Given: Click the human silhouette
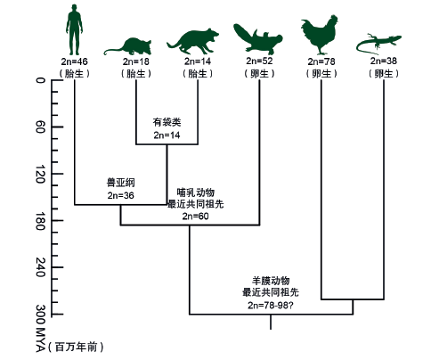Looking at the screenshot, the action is pyautogui.click(x=74, y=29).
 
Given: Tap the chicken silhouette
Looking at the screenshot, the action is pyautogui.click(x=320, y=35).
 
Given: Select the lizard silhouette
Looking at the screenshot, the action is pyautogui.click(x=378, y=44).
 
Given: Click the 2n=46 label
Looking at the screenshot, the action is pyautogui.click(x=74, y=61).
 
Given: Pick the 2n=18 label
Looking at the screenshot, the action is pyautogui.click(x=136, y=61).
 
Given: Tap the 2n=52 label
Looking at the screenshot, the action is pyautogui.click(x=259, y=61).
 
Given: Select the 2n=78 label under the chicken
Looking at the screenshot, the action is pyautogui.click(x=321, y=61).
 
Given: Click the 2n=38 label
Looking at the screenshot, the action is pyautogui.click(x=384, y=61).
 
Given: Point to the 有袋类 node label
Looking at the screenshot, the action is pyautogui.click(x=167, y=122).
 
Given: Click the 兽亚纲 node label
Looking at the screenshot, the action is pyautogui.click(x=121, y=183).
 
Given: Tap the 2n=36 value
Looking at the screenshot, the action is pyautogui.click(x=121, y=195).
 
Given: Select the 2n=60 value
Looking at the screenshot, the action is pyautogui.click(x=195, y=217).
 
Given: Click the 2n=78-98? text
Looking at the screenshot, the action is pyautogui.click(x=271, y=305).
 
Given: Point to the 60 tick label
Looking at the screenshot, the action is pyautogui.click(x=41, y=127).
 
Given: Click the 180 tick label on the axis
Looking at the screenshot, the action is pyautogui.click(x=41, y=221).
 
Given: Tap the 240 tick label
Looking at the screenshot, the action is pyautogui.click(x=41, y=267).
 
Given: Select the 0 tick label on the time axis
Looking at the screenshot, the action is pyautogui.click(x=41, y=80).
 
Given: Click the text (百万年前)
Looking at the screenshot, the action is pyautogui.click(x=76, y=347).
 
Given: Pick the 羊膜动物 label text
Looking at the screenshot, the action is pyautogui.click(x=271, y=281).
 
